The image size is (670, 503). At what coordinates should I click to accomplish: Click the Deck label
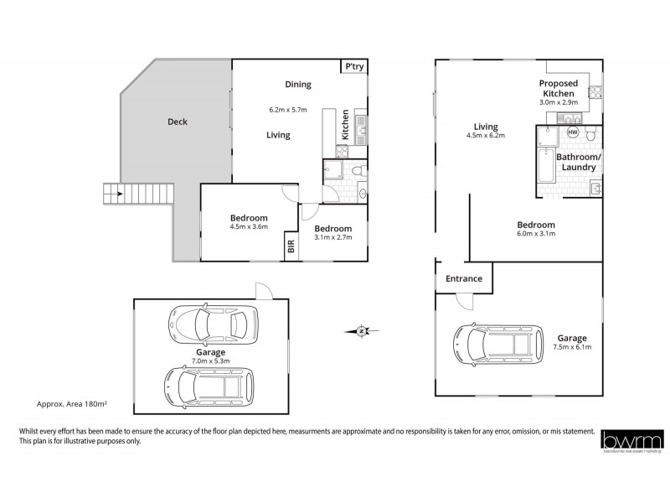(x=177, y=122)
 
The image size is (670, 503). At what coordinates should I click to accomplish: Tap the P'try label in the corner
(x=354, y=68)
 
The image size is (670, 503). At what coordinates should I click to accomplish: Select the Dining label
(x=297, y=84)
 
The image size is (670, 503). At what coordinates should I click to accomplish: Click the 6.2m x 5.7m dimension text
(x=288, y=110)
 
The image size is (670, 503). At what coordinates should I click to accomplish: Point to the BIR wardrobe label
(x=291, y=246)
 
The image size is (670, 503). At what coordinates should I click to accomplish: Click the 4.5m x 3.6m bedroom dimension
(x=248, y=226)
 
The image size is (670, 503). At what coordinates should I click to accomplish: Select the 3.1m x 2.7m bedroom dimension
(x=333, y=237)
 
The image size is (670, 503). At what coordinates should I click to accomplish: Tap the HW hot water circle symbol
(x=573, y=132)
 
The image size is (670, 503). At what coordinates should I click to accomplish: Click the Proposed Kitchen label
(x=558, y=89)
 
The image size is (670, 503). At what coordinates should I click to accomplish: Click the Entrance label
(x=463, y=278)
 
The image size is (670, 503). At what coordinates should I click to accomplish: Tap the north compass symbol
(x=359, y=331)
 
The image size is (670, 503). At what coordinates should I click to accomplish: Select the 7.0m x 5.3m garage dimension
(x=210, y=361)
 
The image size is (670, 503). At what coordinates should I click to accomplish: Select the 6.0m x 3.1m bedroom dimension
(x=536, y=234)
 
